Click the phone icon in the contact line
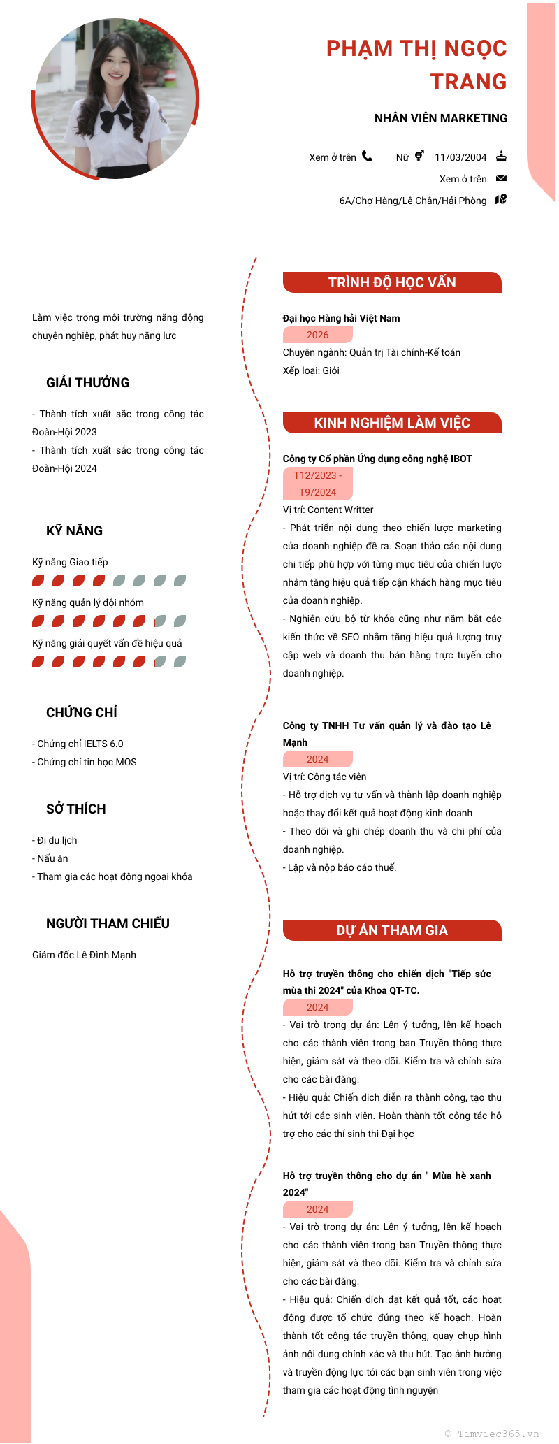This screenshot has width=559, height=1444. click(367, 157)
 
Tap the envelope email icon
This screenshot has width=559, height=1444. click(501, 178)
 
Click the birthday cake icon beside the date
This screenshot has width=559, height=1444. click(501, 157)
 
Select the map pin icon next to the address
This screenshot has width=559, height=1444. click(501, 200)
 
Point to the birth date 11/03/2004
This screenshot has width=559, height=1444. click(460, 157)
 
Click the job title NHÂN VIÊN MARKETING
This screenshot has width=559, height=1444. click(441, 118)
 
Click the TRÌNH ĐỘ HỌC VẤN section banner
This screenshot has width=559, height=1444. click(392, 282)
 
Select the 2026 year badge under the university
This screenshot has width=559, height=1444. click(318, 335)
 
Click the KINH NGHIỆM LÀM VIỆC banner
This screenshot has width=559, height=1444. click(392, 423)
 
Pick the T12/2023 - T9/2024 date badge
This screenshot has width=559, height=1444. click(318, 484)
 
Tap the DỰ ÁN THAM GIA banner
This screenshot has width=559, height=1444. click(392, 930)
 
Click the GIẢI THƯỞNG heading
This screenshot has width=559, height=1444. click(88, 382)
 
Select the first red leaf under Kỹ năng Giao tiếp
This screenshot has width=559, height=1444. click(38, 580)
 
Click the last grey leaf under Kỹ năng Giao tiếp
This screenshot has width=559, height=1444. click(180, 580)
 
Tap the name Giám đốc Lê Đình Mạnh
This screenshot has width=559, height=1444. click(84, 955)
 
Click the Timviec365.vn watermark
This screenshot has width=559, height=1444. click(493, 1434)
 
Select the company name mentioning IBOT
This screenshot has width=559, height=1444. click(377, 459)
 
